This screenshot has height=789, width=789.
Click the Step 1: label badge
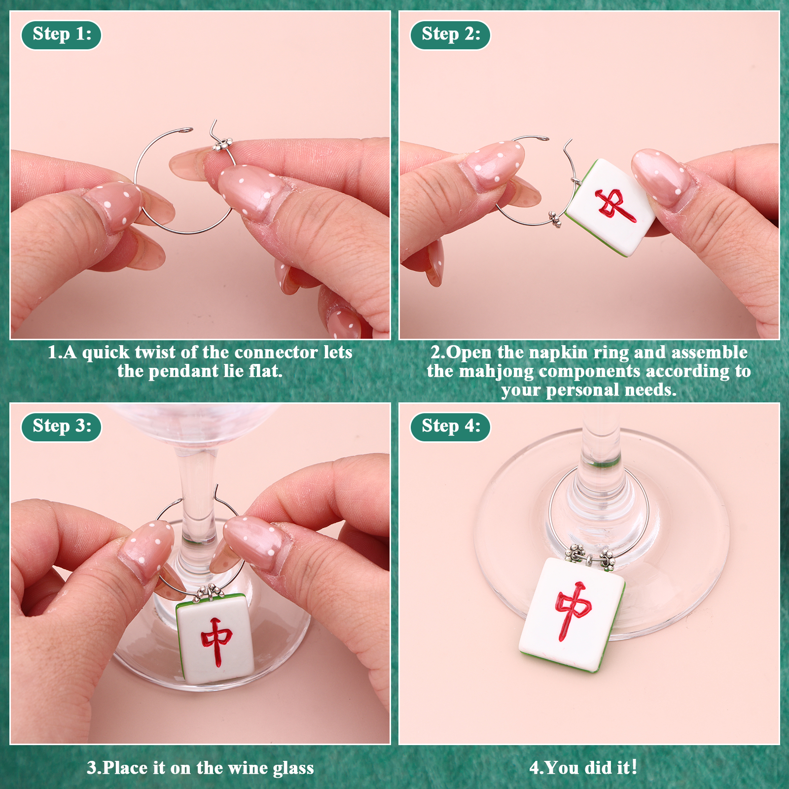click(x=61, y=35)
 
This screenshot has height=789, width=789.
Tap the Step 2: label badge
click(x=450, y=35)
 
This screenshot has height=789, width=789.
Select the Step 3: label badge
click(x=61, y=427)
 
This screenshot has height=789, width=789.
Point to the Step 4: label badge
click(x=450, y=427)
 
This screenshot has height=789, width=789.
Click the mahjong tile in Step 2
click(x=610, y=207)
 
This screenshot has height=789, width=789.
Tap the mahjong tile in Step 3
click(x=215, y=639)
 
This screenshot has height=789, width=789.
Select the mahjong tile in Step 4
click(x=572, y=615)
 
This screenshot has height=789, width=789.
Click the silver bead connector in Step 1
click(x=222, y=145)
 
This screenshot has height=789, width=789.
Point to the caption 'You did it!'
click(x=583, y=767)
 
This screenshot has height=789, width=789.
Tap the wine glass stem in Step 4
click(x=601, y=444)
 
